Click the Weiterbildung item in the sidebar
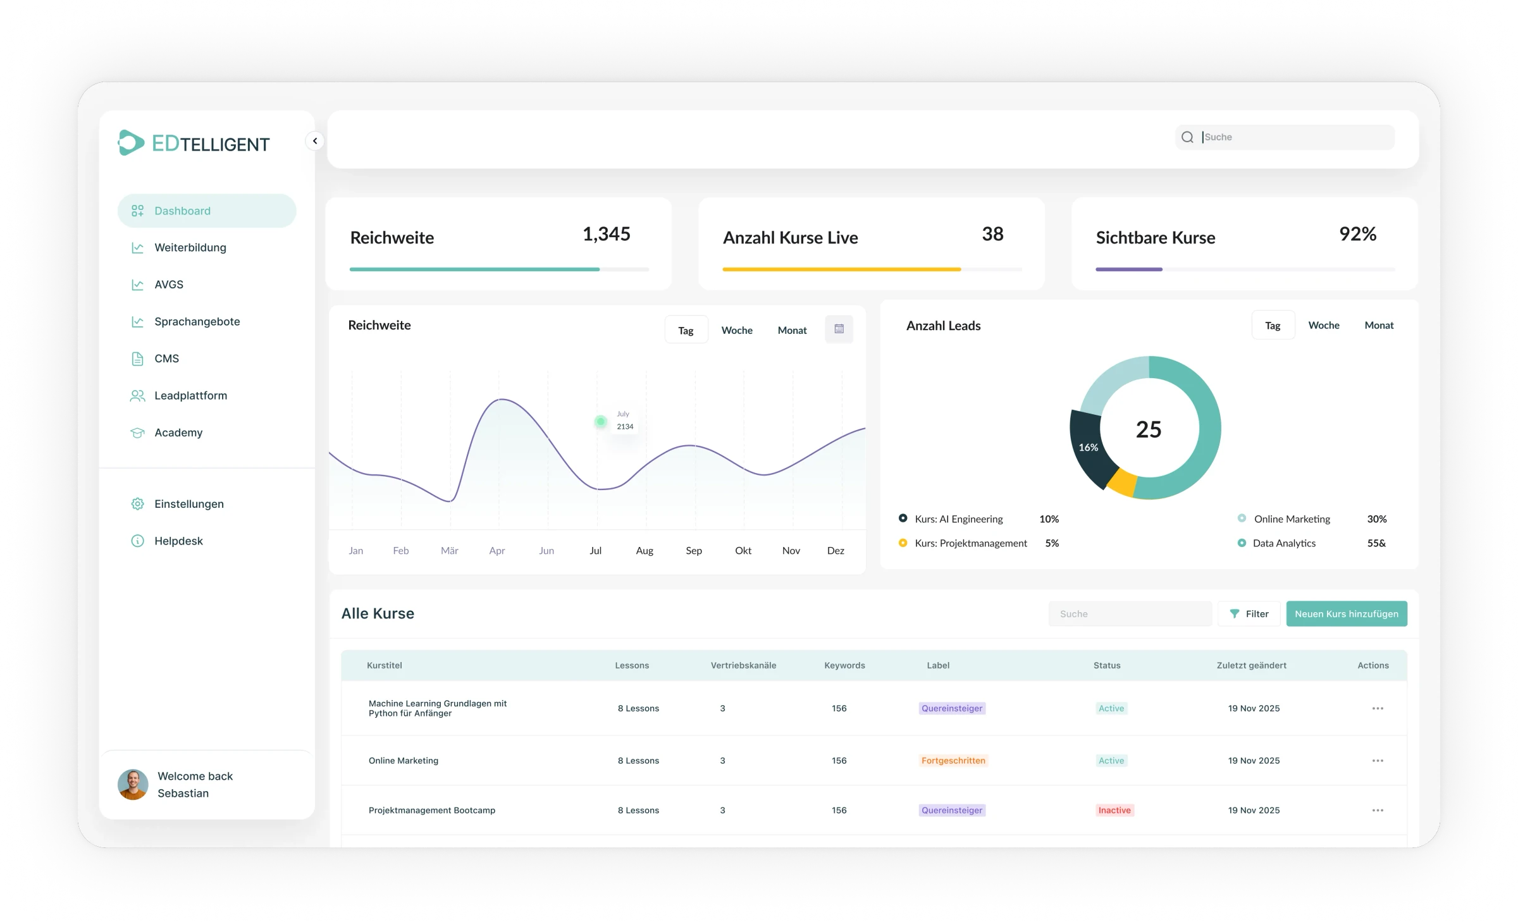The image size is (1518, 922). (x=190, y=248)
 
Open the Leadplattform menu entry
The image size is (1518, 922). (x=190, y=396)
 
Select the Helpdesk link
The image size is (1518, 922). (x=178, y=541)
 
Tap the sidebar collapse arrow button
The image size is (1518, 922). (x=315, y=141)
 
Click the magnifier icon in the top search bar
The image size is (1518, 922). (x=1187, y=137)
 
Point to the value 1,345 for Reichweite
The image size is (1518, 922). (x=606, y=234)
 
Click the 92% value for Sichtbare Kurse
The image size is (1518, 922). (x=1357, y=234)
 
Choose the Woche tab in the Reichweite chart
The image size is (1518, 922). (x=737, y=330)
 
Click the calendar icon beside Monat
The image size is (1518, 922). (x=839, y=329)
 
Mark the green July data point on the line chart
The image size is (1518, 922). (x=600, y=421)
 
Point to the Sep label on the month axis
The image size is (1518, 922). (x=694, y=551)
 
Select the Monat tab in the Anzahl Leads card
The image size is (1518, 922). (x=1379, y=326)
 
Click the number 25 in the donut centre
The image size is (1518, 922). (x=1149, y=430)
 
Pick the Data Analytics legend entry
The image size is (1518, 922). (x=1283, y=543)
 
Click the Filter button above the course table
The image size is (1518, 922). (x=1249, y=614)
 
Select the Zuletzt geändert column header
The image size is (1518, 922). (x=1251, y=665)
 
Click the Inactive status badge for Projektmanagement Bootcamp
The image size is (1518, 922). (x=1114, y=811)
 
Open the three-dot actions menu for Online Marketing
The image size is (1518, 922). (x=1378, y=761)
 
